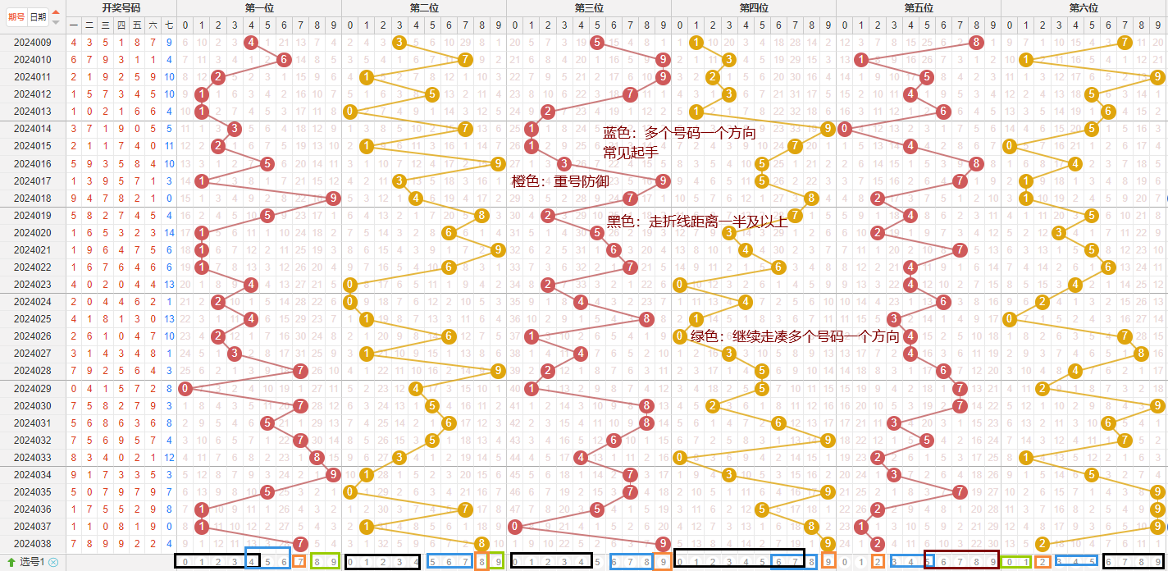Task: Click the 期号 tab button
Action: pos(16,16)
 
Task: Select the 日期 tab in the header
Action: pos(37,16)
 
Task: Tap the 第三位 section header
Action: pos(589,7)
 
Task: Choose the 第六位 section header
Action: pos(1084,7)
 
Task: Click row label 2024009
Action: pos(33,42)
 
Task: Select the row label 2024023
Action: pos(33,285)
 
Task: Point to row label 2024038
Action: pos(33,543)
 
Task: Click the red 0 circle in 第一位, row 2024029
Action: pos(185,388)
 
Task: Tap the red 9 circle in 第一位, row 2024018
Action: pos(333,198)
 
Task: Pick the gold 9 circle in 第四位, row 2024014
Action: pos(828,129)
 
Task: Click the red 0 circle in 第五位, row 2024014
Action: pos(845,129)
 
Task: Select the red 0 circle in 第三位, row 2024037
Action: pos(515,526)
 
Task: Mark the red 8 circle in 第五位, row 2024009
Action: pos(976,42)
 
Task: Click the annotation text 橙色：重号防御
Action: pos(560,181)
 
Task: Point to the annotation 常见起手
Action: pos(630,152)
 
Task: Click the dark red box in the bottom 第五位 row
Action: pos(961,561)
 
